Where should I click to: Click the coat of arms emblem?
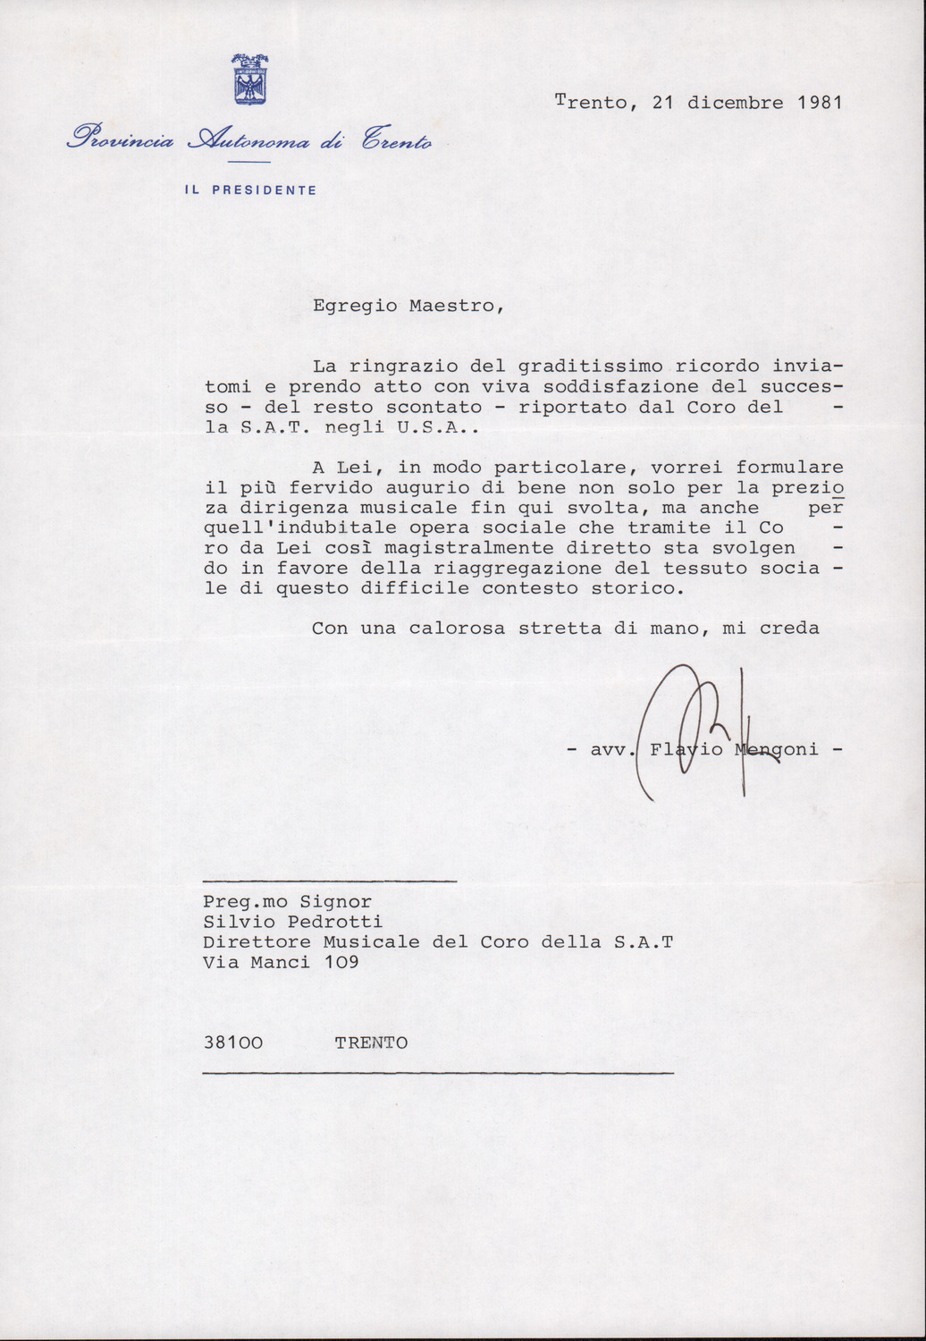[x=250, y=80]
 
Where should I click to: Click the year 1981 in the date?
[x=820, y=102]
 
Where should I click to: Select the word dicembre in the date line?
[x=735, y=102]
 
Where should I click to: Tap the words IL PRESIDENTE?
[x=250, y=190]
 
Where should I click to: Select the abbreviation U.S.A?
[x=445, y=427]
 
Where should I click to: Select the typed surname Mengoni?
[x=776, y=749]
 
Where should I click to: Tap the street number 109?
[x=341, y=962]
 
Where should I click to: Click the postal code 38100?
[x=232, y=1042]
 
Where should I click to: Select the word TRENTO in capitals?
[x=371, y=1042]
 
